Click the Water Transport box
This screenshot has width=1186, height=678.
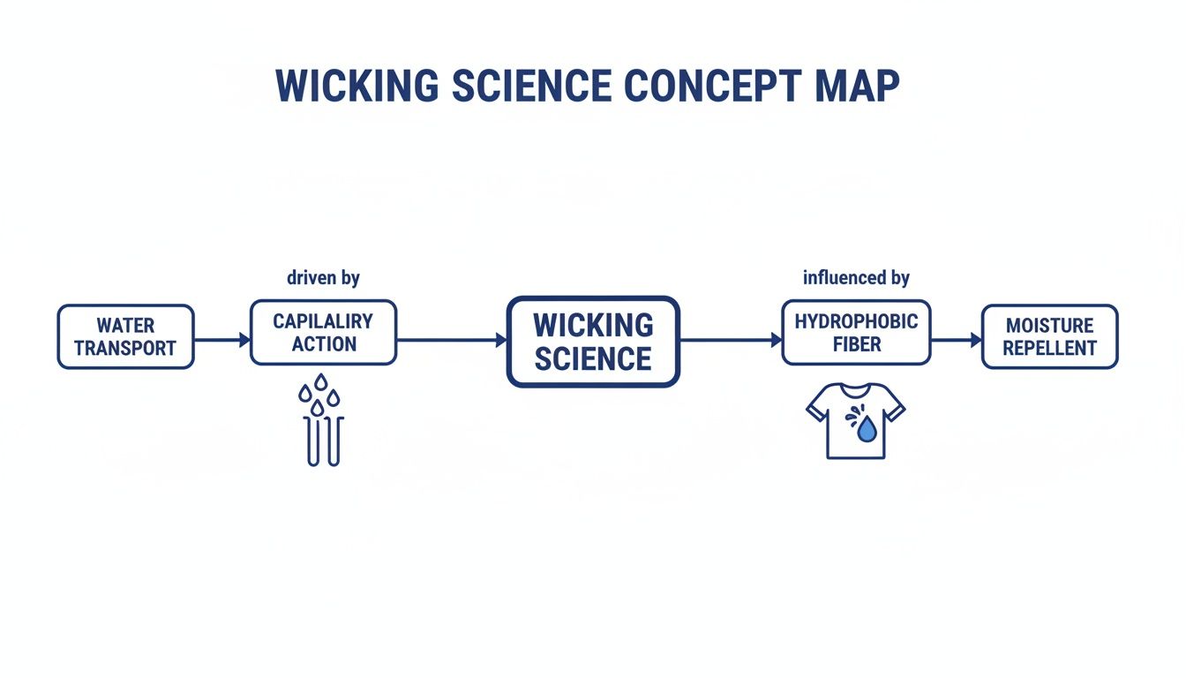[x=125, y=336]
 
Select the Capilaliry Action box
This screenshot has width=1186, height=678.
[x=323, y=332]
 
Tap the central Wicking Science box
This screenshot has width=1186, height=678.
[x=593, y=342]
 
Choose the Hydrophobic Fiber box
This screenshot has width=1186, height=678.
[x=856, y=332]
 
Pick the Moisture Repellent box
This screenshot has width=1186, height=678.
[x=1049, y=336]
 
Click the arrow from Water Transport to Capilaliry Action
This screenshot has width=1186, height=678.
[x=221, y=339]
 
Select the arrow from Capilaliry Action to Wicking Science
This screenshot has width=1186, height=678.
[x=451, y=339]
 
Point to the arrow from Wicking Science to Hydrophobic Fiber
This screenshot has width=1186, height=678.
[x=731, y=339]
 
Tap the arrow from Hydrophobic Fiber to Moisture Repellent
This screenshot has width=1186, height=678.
[x=956, y=339]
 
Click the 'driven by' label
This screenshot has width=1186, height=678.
[x=323, y=278]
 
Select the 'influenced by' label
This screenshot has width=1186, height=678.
[x=856, y=278]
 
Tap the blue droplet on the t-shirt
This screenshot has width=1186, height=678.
[x=867, y=430]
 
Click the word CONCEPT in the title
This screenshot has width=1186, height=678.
[x=711, y=87]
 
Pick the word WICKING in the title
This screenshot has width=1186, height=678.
[x=357, y=87]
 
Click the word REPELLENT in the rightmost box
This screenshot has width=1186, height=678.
[x=1049, y=348]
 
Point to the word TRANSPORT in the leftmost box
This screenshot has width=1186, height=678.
[x=125, y=348]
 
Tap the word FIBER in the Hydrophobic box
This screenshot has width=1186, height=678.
[x=856, y=343]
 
